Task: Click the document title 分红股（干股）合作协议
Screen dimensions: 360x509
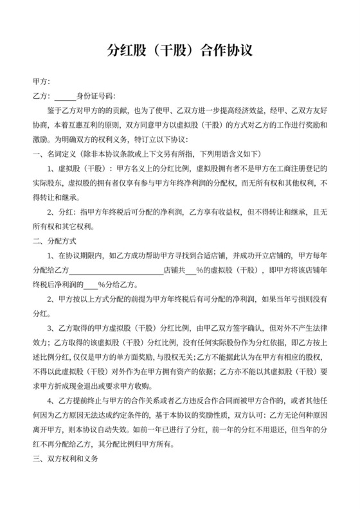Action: pos(179,51)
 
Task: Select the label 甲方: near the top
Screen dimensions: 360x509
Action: pos(40,83)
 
